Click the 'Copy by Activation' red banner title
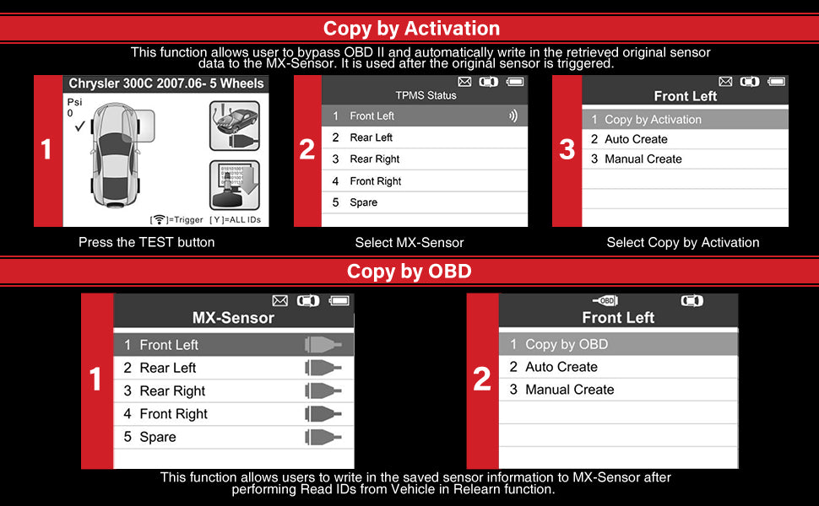[x=411, y=28]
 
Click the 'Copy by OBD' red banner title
[x=409, y=272]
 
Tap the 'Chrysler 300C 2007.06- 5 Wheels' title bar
[x=166, y=83]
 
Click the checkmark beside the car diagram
[x=79, y=126]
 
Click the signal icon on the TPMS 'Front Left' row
[x=513, y=116]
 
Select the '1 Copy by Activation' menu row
[x=685, y=120]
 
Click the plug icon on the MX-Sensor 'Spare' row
[x=323, y=437]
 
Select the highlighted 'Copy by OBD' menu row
[x=618, y=344]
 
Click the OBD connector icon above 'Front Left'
[x=605, y=300]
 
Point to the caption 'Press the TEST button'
[x=146, y=242]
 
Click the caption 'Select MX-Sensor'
[x=409, y=243]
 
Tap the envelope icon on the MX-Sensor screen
[x=280, y=300]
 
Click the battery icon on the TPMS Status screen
[x=515, y=82]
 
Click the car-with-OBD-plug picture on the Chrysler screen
[x=235, y=126]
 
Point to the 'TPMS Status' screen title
[x=426, y=95]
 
